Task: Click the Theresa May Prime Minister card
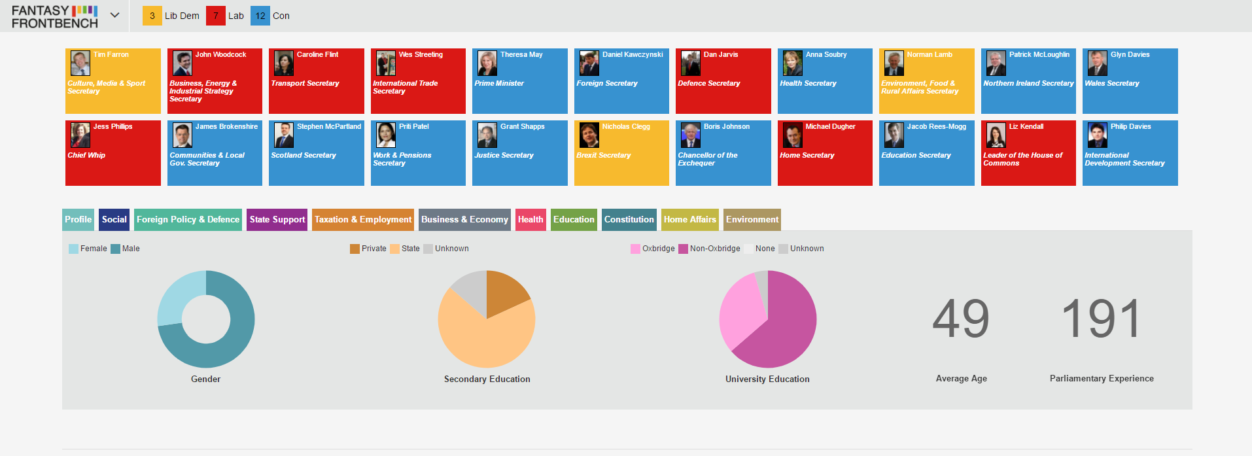(519, 81)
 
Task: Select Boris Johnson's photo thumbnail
(691, 135)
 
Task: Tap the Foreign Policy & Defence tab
(188, 220)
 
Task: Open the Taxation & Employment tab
(363, 220)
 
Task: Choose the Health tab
(530, 220)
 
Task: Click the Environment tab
(752, 220)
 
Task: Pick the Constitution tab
(629, 220)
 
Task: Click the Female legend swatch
(73, 249)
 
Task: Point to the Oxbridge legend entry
(652, 249)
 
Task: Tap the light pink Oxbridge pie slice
(740, 310)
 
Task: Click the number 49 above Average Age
(961, 319)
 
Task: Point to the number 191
(1102, 319)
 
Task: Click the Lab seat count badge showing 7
(216, 16)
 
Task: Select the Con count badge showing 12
(260, 16)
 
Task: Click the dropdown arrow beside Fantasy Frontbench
(115, 15)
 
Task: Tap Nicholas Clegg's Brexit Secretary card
(621, 153)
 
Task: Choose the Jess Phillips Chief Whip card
(113, 153)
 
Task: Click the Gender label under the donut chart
(205, 379)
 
